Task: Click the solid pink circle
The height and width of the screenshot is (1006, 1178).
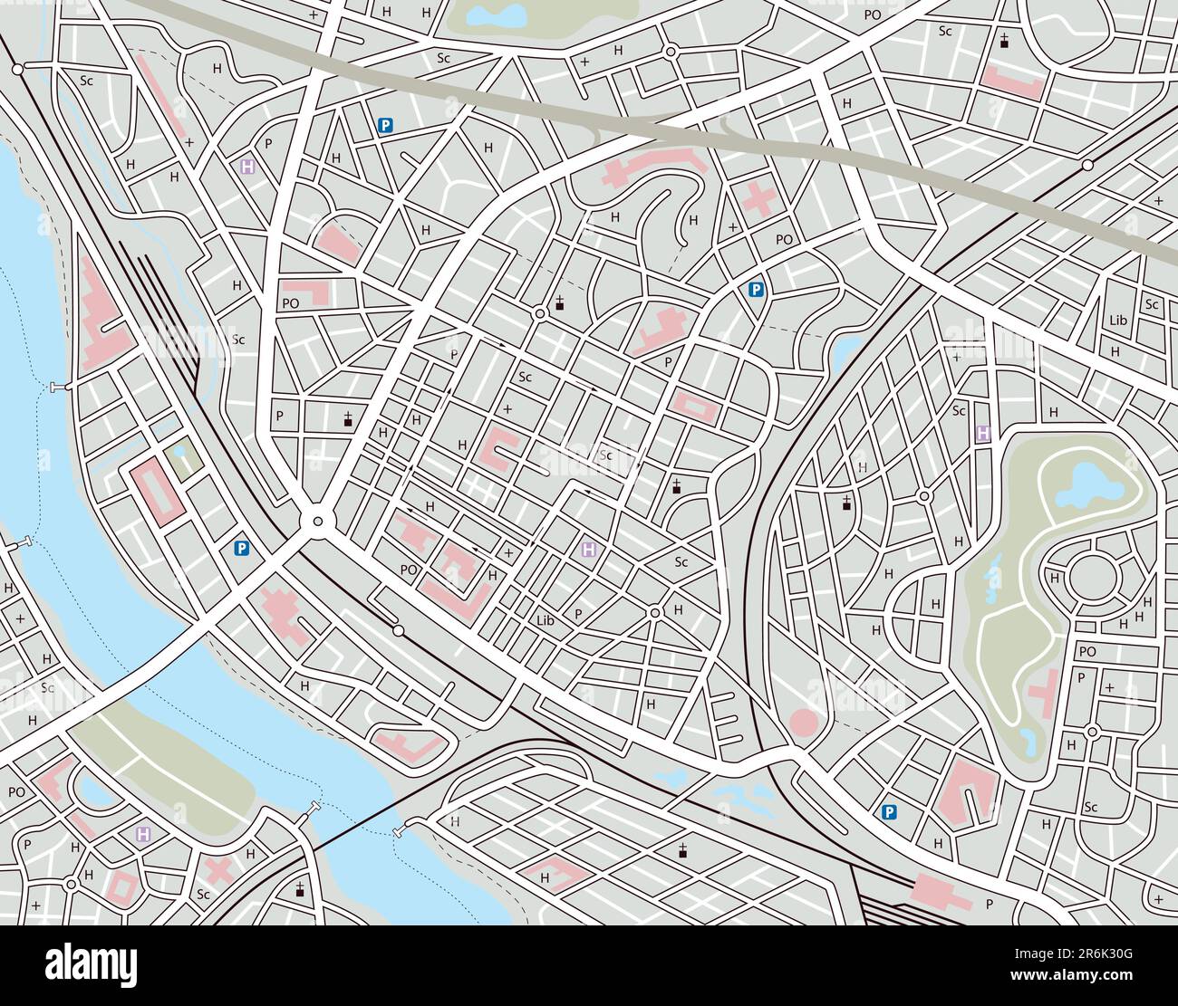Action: [x=804, y=723]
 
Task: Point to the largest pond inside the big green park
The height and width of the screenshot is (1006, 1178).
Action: [x=1085, y=486]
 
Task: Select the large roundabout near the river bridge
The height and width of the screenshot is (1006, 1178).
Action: [x=316, y=521]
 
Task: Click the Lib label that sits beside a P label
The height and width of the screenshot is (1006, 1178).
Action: [x=545, y=620]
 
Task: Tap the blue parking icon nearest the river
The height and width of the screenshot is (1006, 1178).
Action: [x=241, y=548]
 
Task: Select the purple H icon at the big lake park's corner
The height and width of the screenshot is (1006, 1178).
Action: [x=982, y=434]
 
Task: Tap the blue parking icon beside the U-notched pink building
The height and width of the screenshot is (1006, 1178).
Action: [x=890, y=813]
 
